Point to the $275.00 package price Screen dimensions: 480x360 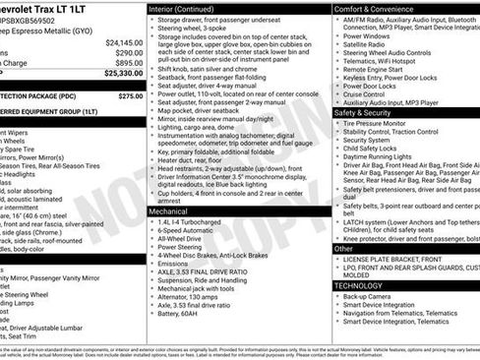click(x=130, y=96)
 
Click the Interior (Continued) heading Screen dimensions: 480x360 click(x=188, y=8)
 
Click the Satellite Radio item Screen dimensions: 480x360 click(x=366, y=44)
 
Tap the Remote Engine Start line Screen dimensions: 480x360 click(x=374, y=69)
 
